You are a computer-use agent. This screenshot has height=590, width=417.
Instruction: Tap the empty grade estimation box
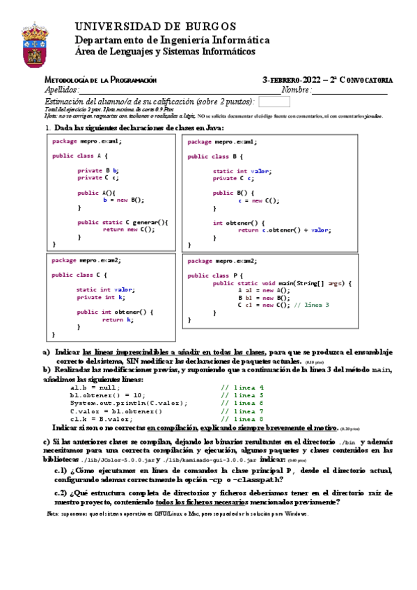point(274,102)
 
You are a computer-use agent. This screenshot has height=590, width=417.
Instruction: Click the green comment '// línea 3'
point(313,305)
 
